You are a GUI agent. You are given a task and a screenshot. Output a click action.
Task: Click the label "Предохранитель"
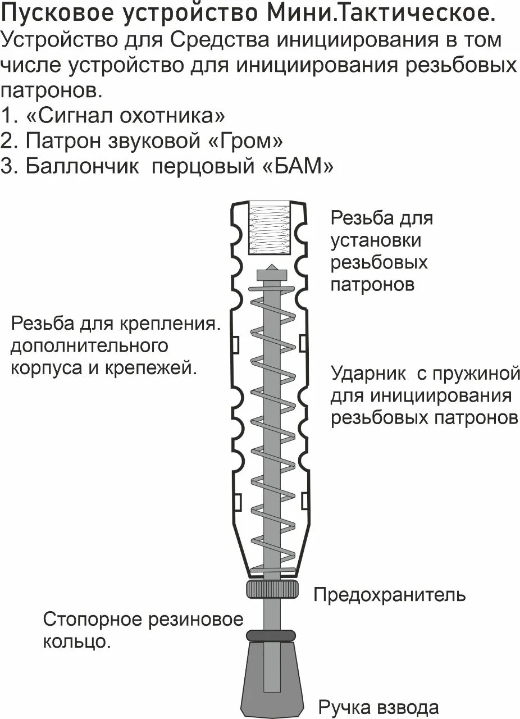click(389, 594)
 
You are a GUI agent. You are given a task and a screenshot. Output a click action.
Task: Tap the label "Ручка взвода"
click(378, 706)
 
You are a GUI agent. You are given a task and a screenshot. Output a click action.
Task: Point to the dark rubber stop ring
click(272, 635)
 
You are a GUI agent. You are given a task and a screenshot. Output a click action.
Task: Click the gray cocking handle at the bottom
click(272, 680)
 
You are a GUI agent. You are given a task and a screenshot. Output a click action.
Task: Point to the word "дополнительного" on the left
click(89, 345)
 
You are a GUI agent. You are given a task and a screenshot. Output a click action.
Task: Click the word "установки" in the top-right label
click(376, 240)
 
